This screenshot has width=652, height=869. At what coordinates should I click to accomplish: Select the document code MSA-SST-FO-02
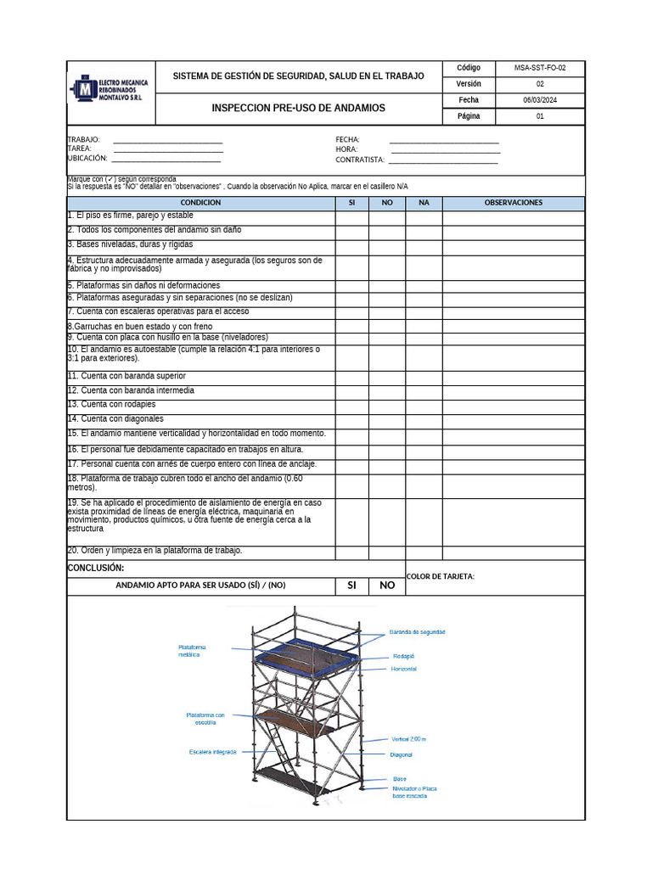540,68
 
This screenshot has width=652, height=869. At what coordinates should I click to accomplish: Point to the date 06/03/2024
540,100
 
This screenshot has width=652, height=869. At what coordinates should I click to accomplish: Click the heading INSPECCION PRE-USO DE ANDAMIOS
298,108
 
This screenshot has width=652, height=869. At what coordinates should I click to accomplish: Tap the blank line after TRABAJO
167,140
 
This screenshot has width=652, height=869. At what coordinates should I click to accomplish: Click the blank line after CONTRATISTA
442,160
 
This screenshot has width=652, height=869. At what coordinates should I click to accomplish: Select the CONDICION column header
200,203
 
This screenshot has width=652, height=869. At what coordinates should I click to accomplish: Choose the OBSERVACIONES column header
513,203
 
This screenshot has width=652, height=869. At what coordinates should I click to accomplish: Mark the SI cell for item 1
351,217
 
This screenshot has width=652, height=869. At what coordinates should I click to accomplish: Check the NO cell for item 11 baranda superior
386,378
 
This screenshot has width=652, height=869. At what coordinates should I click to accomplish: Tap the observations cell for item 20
513,552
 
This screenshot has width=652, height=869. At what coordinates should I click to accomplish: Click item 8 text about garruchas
140,327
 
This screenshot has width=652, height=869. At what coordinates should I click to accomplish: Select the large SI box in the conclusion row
351,585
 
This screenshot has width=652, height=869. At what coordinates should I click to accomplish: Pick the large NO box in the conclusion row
387,585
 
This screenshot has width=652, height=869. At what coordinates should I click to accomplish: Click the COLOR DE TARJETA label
441,577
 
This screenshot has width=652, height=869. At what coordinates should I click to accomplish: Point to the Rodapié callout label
403,656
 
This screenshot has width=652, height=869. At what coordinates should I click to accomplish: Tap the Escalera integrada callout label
213,751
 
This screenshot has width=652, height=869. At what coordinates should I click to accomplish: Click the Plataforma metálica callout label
192,651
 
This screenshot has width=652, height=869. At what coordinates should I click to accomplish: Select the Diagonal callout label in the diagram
401,754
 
